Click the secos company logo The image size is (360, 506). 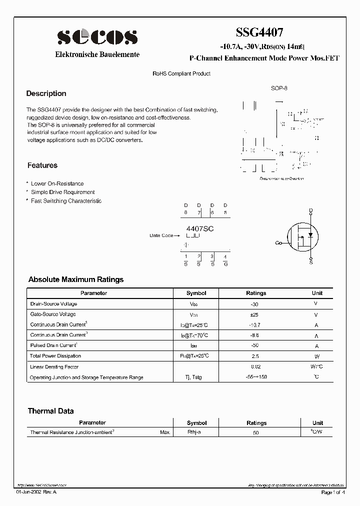(96, 37)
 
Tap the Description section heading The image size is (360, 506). (46, 93)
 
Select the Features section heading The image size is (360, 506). (42, 165)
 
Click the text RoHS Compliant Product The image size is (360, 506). (181, 73)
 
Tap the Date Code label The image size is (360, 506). (161, 235)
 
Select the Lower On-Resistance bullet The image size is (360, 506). (57, 183)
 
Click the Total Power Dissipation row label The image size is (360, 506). (55, 356)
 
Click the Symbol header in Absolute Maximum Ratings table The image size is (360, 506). (196, 293)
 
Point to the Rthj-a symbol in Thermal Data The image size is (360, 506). (194, 432)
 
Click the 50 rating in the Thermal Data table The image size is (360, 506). (256, 432)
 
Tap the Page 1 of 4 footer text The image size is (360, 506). (333, 492)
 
